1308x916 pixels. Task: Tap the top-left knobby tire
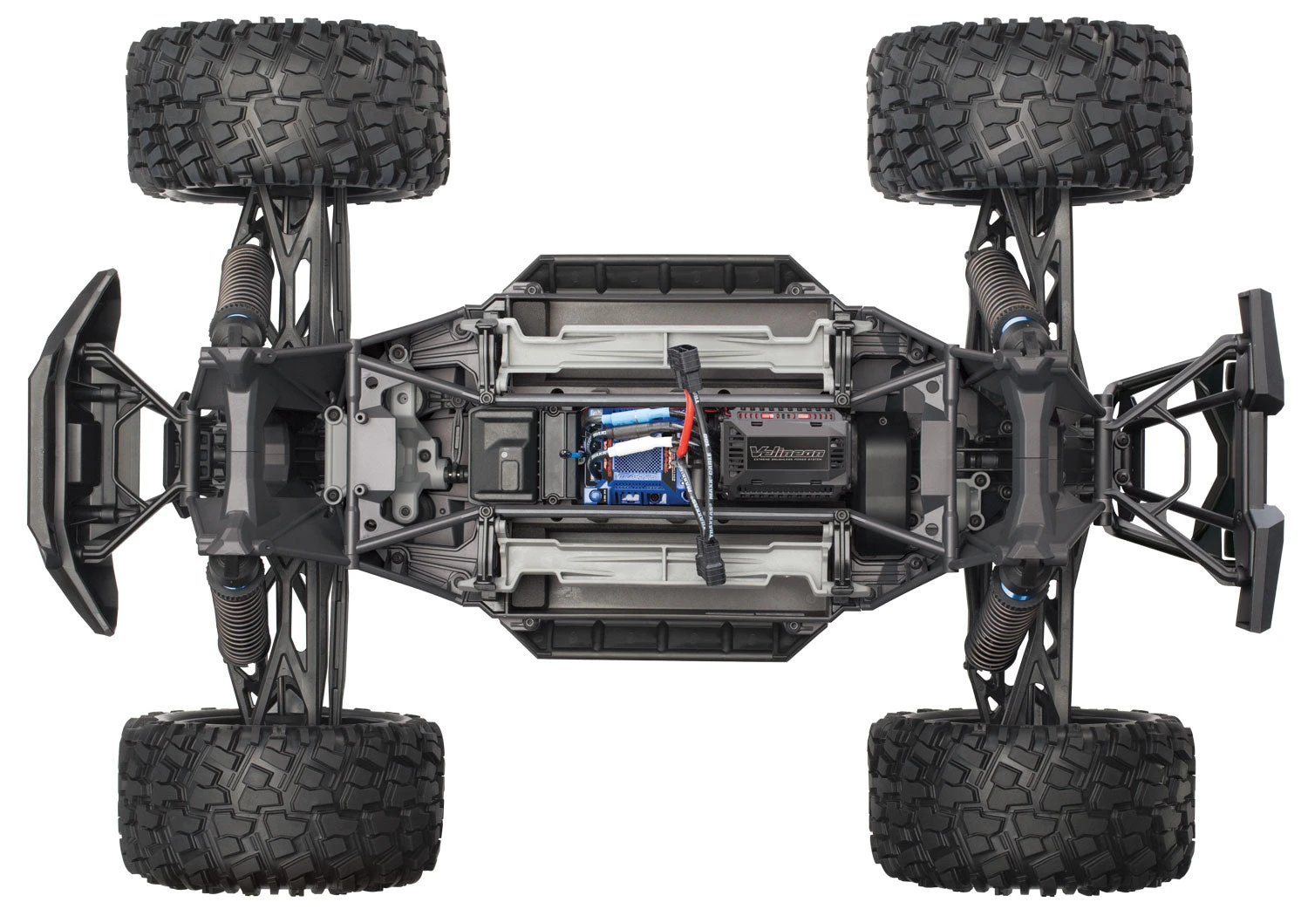(288, 113)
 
